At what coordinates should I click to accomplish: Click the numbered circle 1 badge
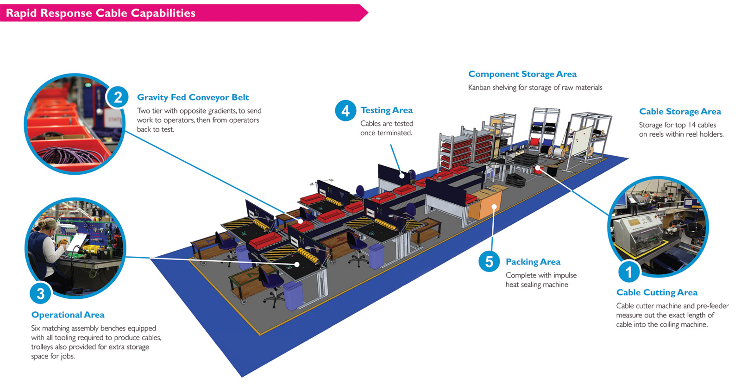pos(628,272)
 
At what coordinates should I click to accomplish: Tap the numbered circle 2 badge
pos(118,97)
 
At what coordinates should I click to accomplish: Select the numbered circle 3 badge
pos(41,293)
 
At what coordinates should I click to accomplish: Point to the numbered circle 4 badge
pos(345,111)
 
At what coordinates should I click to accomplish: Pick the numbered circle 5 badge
pos(489,262)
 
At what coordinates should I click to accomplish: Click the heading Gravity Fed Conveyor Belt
pos(193,97)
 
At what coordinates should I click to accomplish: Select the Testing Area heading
pos(386,110)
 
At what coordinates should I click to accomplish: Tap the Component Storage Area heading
pos(522,74)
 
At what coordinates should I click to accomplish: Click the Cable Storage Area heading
pos(680,112)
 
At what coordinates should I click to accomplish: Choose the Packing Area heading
pos(533,262)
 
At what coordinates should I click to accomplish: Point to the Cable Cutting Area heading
pos(656,292)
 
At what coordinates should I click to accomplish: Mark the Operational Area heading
pos(68,315)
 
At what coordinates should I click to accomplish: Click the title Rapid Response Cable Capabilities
pos(100,13)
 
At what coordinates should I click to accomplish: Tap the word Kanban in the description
pos(479,88)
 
